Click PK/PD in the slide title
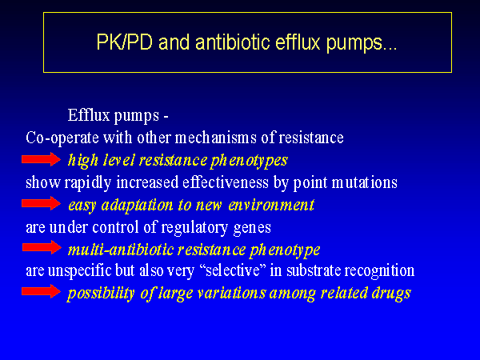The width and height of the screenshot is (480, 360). pos(124,42)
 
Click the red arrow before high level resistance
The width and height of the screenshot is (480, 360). pos(42,159)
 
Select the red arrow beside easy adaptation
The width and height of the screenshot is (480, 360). pos(42,203)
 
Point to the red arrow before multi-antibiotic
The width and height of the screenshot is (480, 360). pos(42,247)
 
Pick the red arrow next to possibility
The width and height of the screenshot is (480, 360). pos(42,291)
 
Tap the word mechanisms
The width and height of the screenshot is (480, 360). pos(215,138)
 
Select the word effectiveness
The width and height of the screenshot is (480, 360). pos(226,182)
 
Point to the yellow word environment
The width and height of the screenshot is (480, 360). pos(271,205)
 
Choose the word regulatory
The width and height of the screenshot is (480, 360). pos(194,228)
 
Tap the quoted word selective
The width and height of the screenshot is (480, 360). pos(233,270)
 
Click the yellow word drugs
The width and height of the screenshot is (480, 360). pos(391,294)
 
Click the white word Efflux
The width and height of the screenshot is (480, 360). pos(89,115)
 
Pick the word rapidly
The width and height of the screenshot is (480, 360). pos(87,183)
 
